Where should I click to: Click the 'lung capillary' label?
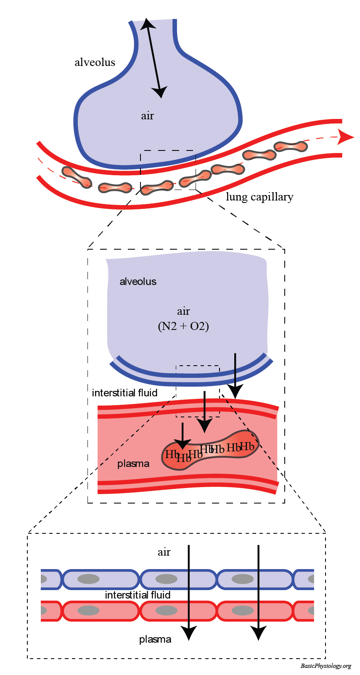click(x=259, y=197)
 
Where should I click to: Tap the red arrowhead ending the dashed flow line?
click(x=346, y=137)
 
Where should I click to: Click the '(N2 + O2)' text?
click(x=183, y=326)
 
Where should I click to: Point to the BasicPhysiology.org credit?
click(x=326, y=666)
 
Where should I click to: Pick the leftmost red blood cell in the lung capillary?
click(x=77, y=176)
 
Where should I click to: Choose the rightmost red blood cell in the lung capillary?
click(x=291, y=147)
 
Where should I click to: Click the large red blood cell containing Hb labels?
click(x=210, y=451)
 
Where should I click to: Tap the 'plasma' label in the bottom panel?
click(x=155, y=639)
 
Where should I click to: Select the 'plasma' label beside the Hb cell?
click(x=133, y=464)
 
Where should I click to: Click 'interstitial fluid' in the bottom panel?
click(x=138, y=595)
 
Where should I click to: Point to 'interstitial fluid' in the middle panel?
click(x=124, y=393)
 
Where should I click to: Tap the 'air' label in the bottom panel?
click(x=164, y=552)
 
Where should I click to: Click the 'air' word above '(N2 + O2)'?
click(x=183, y=311)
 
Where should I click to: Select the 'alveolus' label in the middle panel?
click(x=138, y=282)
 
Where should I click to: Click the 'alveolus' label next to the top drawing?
click(x=95, y=62)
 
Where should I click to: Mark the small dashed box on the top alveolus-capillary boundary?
click(x=168, y=169)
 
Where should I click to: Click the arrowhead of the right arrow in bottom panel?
click(x=258, y=633)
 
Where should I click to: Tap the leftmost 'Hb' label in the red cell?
click(x=172, y=454)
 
